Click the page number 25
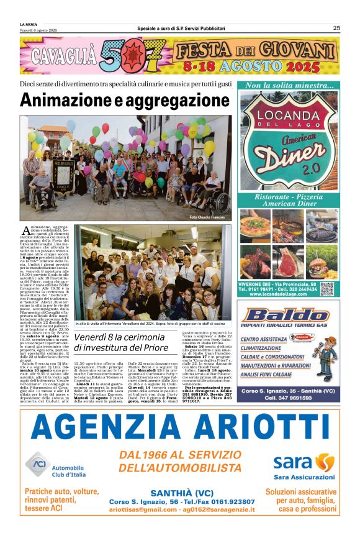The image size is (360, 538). (336, 28)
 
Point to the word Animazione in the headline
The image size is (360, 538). (57, 101)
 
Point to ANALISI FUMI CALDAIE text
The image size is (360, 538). (272, 375)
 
